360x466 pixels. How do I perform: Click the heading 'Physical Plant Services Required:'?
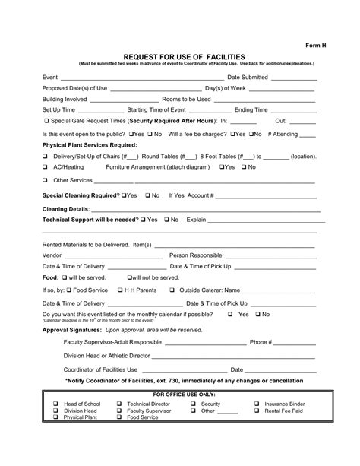(x=90, y=144)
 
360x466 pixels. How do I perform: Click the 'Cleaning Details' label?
(x=65, y=208)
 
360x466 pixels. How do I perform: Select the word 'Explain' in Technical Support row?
(x=196, y=220)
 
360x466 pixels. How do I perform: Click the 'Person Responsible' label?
(x=196, y=255)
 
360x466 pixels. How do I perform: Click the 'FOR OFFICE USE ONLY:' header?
(x=185, y=395)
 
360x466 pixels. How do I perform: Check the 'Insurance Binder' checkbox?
(x=256, y=404)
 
